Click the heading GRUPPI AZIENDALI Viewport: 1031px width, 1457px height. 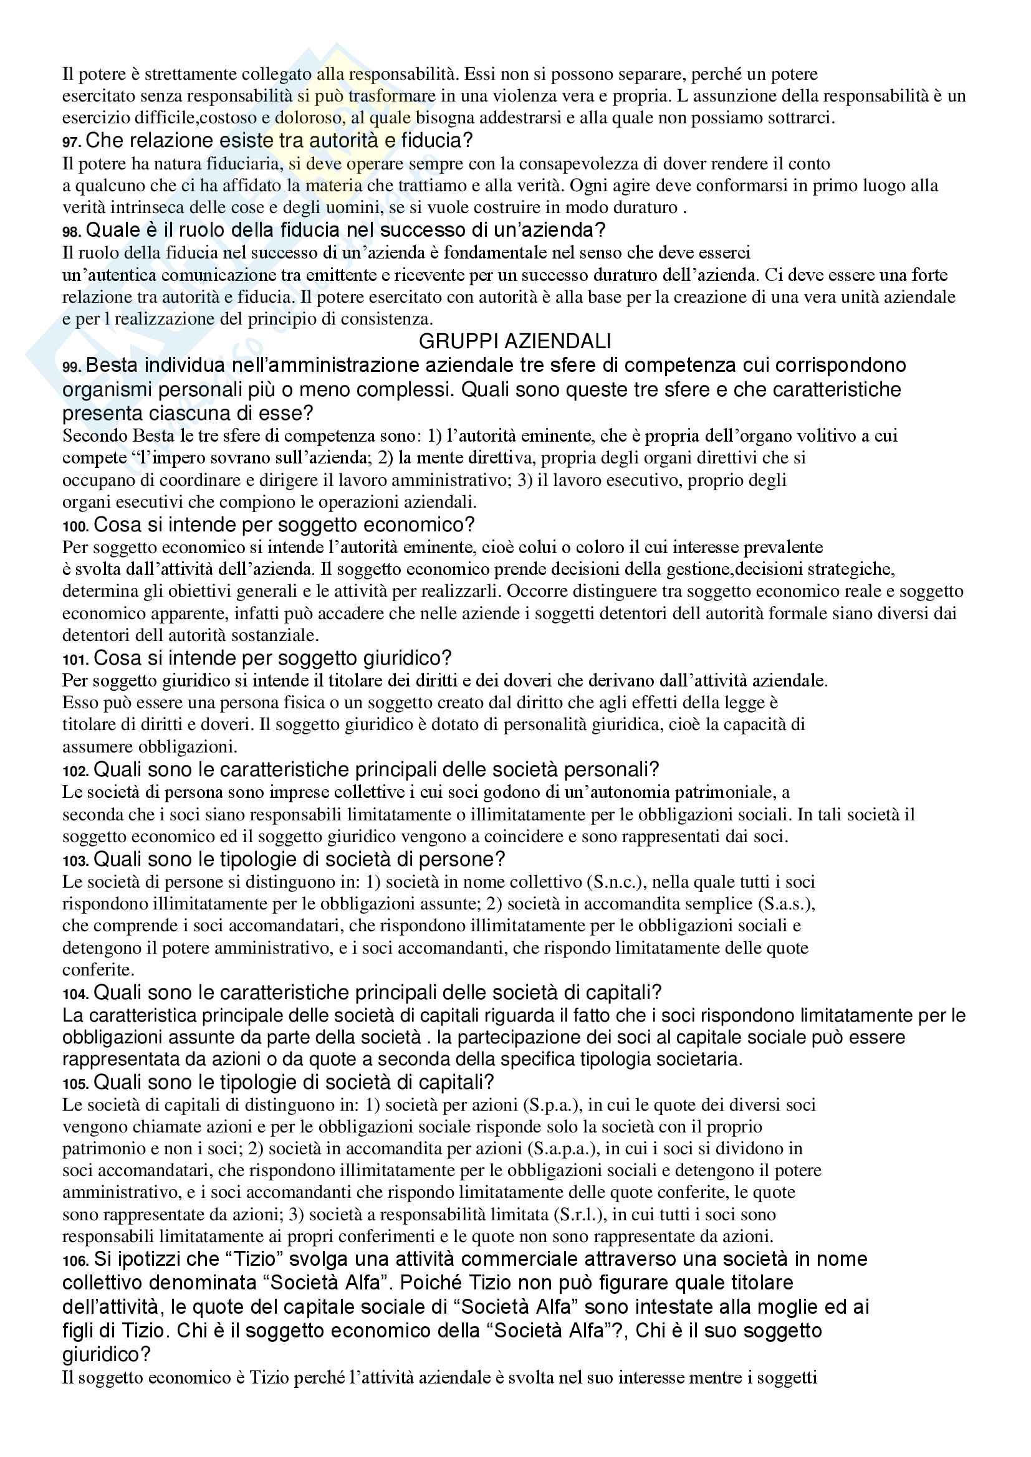(515, 341)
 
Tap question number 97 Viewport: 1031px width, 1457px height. (72, 142)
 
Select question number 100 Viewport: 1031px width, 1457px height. (75, 527)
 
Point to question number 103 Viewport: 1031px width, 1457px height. (75, 861)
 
